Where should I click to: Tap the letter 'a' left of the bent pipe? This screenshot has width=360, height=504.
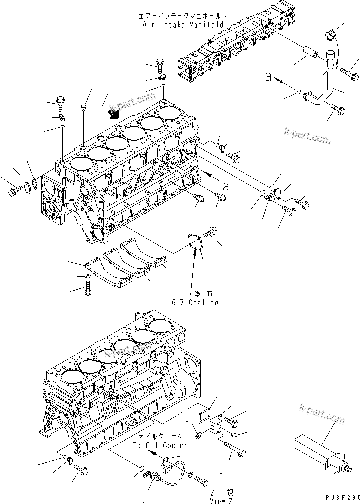pyautogui.click(x=268, y=76)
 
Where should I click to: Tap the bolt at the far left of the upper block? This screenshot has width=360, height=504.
pyautogui.click(x=13, y=191)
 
